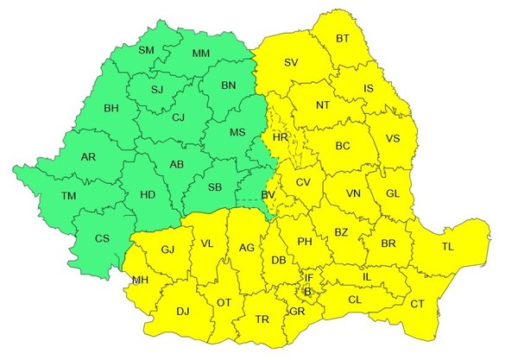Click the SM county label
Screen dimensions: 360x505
[146, 50]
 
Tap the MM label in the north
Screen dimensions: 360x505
[201, 54]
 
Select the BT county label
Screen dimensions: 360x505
[343, 39]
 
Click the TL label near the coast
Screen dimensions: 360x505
[447, 247]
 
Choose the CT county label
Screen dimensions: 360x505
[418, 303]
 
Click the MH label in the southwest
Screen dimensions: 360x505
[138, 280]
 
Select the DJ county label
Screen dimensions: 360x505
[182, 311]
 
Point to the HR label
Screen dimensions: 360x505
[279, 137]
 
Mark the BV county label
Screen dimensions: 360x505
[268, 196]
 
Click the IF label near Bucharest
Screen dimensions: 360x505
[309, 278]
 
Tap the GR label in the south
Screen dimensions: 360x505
[296, 310]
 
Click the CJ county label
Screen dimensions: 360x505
[178, 117]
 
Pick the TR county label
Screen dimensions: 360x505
[263, 319]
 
